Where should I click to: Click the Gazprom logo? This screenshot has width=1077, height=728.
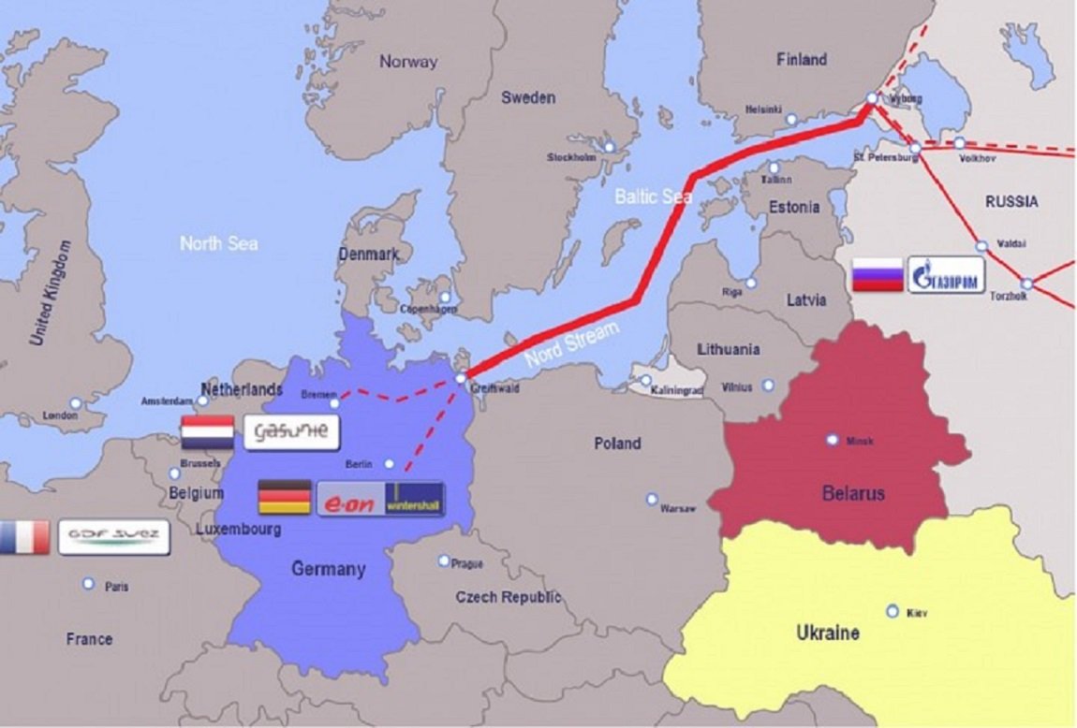click(946, 276)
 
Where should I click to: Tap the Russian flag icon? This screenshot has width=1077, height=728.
click(877, 276)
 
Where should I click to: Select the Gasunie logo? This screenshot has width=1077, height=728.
click(290, 431)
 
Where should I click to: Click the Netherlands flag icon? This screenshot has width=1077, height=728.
click(207, 432)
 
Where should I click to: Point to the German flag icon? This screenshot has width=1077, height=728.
click(285, 497)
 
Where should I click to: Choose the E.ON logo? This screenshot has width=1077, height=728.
click(350, 500)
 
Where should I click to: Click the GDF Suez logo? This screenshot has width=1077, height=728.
click(113, 537)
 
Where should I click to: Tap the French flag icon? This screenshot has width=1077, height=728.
click(24, 538)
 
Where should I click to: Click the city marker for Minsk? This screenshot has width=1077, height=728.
click(832, 439)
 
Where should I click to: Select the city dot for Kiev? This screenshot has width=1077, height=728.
click(893, 611)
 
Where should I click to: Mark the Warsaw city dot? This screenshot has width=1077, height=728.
click(652, 500)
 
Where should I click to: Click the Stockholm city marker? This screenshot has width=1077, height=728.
click(610, 148)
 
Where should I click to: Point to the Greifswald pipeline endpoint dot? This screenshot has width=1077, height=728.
click(461, 378)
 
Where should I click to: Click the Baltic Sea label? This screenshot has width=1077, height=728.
click(653, 196)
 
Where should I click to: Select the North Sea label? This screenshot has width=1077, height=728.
click(218, 243)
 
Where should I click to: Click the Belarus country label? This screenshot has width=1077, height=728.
click(853, 493)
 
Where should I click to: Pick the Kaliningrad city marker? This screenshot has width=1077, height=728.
click(645, 381)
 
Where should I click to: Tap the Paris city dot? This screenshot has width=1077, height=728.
click(88, 584)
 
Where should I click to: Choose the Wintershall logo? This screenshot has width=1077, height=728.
click(413, 500)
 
